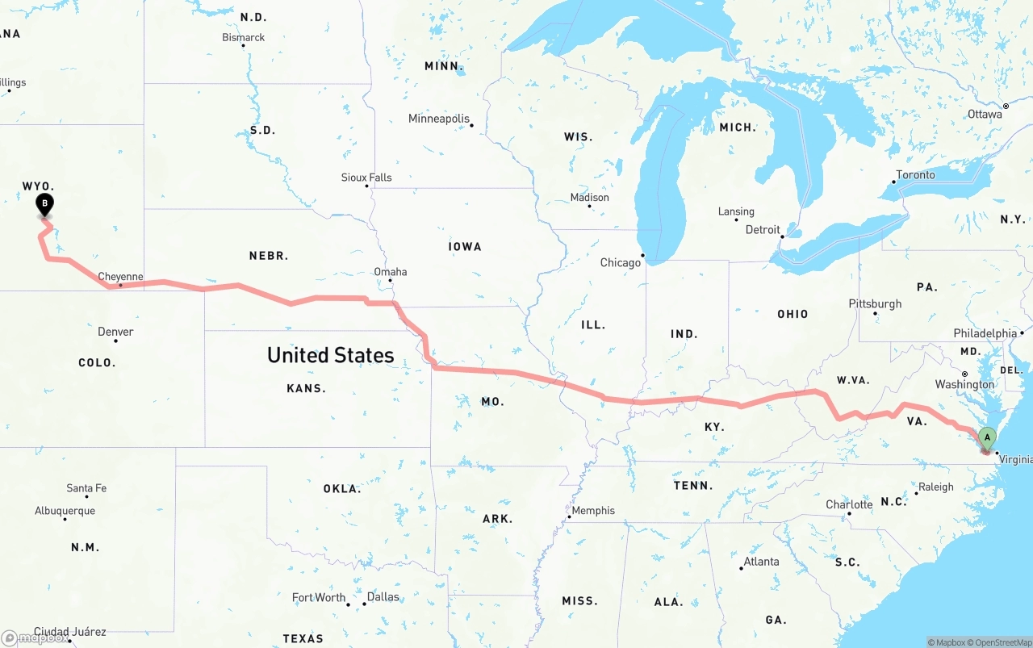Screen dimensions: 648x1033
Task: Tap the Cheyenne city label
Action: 120,277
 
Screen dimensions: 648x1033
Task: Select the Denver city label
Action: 115,332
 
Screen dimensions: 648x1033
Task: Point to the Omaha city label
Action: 390,272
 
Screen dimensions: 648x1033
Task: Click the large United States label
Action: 330,355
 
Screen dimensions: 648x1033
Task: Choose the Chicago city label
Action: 620,263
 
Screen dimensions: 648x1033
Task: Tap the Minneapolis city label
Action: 438,119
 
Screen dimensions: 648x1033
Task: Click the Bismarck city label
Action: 243,37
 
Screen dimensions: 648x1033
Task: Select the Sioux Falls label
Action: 366,178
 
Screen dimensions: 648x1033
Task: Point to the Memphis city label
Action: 593,511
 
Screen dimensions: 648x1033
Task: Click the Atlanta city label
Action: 761,562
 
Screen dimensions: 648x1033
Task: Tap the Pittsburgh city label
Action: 875,304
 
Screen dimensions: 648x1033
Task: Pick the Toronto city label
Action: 915,175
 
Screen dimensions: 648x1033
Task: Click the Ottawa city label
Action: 985,115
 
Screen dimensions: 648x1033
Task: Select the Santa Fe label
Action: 86,488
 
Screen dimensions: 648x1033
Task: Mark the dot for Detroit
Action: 782,236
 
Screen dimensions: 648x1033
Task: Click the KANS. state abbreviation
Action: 306,389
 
